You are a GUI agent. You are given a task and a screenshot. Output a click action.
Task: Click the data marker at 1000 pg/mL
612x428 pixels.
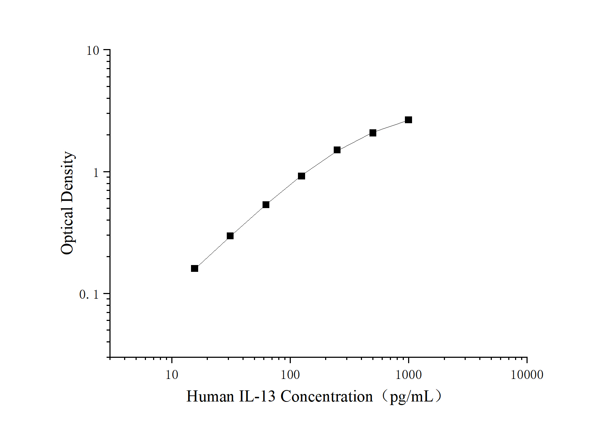click(408, 120)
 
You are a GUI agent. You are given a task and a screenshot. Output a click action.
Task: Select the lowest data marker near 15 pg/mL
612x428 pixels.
click(194, 268)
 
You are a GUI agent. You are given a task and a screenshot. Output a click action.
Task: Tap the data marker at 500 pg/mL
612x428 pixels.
click(373, 133)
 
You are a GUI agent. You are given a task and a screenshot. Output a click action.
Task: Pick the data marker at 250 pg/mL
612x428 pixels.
click(337, 150)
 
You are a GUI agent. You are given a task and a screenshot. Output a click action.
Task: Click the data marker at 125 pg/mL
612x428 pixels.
click(301, 176)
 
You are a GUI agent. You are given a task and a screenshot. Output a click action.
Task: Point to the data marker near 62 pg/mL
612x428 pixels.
click(266, 205)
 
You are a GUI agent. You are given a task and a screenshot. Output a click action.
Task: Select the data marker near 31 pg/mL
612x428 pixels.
click(230, 236)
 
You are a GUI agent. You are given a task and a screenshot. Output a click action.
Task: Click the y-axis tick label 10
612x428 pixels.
click(93, 51)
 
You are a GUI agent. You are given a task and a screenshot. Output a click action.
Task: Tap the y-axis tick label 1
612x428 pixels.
click(96, 173)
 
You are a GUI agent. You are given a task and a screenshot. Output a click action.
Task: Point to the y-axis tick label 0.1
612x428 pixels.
click(89, 294)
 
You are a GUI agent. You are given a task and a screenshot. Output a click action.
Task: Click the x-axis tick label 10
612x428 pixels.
click(172, 375)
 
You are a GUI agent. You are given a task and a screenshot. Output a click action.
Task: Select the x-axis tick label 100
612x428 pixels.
click(290, 375)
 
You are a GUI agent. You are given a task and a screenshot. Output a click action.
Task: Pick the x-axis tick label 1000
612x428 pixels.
click(408, 375)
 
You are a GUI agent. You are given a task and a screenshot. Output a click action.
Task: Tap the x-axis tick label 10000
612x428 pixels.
click(527, 375)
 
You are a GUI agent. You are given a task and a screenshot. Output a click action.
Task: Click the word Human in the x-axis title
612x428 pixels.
click(210, 396)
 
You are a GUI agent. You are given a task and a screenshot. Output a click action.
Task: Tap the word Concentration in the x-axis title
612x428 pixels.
click(326, 396)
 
